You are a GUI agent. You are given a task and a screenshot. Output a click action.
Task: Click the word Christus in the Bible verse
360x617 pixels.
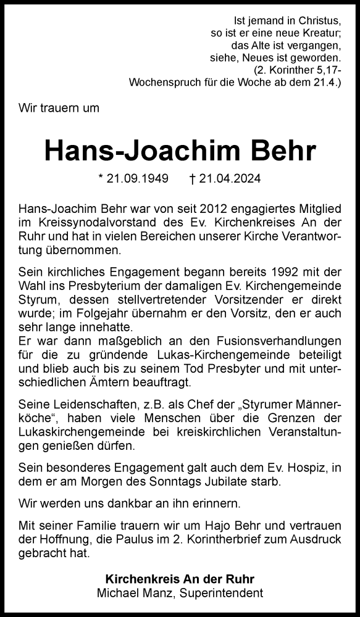(x=318, y=20)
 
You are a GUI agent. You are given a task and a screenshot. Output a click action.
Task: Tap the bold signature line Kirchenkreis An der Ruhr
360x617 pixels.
(x=180, y=579)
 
